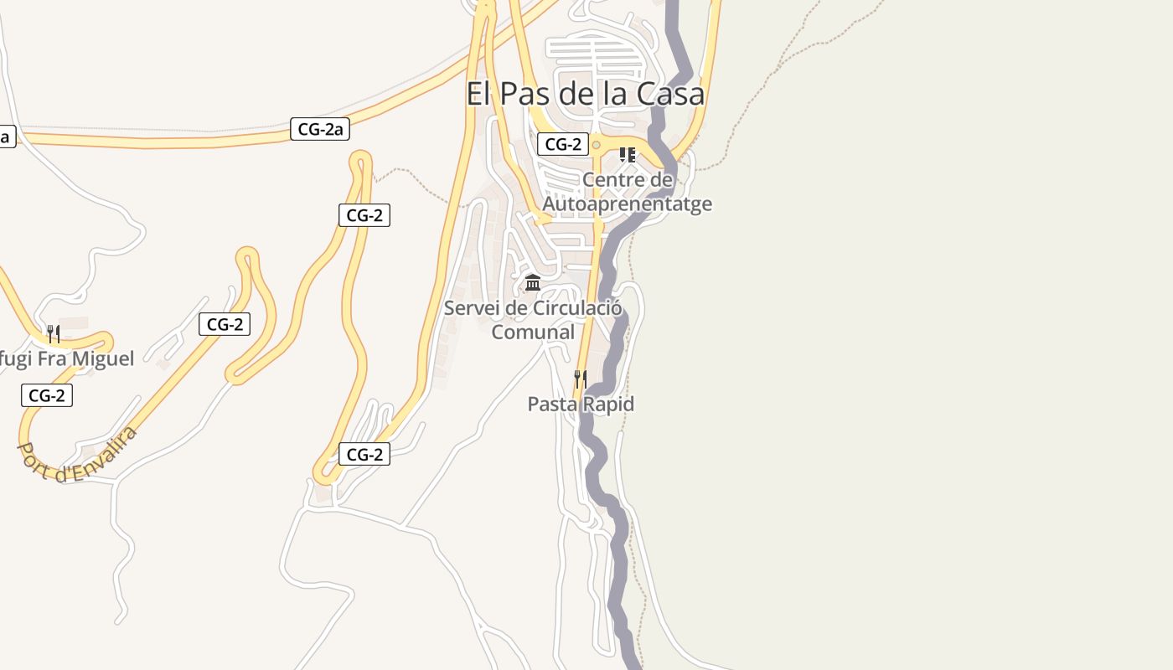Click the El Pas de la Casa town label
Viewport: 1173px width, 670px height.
[x=585, y=94]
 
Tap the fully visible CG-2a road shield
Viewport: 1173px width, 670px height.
[x=320, y=129]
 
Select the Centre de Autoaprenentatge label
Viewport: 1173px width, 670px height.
[x=628, y=192]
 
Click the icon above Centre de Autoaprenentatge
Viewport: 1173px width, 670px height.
[x=627, y=155]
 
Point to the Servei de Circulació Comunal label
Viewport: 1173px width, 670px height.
[x=533, y=320]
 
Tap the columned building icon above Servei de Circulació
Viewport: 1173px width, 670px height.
[x=533, y=282]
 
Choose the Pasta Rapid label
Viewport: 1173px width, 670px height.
[x=581, y=404]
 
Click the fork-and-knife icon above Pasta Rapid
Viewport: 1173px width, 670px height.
[x=580, y=379]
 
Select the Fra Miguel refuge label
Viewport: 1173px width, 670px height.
[x=67, y=358]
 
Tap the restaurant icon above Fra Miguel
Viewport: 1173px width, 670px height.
[x=53, y=334]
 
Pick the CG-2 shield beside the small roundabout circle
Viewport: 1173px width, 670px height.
[x=563, y=144]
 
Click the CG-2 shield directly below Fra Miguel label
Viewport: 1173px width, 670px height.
[x=47, y=395]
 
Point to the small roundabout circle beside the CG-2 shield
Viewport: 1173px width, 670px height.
[x=596, y=145]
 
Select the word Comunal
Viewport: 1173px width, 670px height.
[x=533, y=332]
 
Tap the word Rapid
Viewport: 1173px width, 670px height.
[x=609, y=404]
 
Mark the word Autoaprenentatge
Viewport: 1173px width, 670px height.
[x=628, y=204]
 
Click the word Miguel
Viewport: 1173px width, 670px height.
[x=102, y=358]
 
